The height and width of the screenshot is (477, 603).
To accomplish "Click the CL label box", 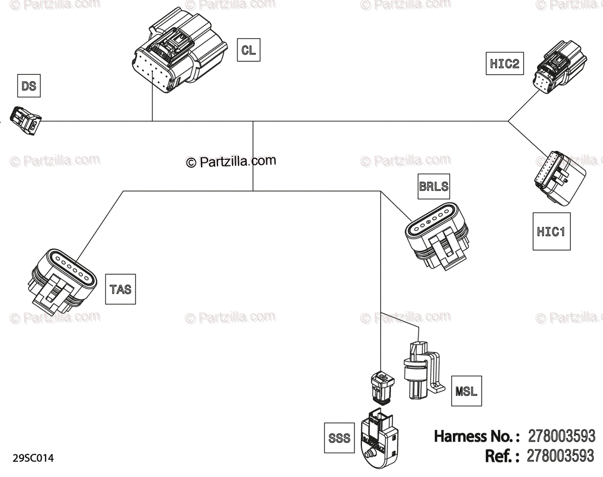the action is pyautogui.click(x=249, y=50).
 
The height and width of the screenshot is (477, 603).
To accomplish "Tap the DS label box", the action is pyautogui.click(x=29, y=86).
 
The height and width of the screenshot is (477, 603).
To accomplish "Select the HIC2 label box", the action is pyautogui.click(x=505, y=63).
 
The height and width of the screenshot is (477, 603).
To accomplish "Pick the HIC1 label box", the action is pyautogui.click(x=551, y=231).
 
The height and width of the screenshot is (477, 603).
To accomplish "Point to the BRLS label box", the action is pyautogui.click(x=434, y=186).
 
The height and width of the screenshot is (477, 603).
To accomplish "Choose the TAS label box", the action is pyautogui.click(x=121, y=289).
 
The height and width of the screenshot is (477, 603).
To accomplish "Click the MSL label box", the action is pyautogui.click(x=466, y=391).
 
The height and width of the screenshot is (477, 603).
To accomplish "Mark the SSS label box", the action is pyautogui.click(x=339, y=438).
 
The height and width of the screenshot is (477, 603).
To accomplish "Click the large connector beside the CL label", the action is pyautogui.click(x=179, y=50).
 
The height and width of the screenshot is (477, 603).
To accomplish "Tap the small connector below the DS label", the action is pyautogui.click(x=26, y=120).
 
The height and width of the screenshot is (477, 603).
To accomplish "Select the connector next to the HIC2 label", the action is pyautogui.click(x=559, y=67).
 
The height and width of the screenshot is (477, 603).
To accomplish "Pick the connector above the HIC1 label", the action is pyautogui.click(x=560, y=178).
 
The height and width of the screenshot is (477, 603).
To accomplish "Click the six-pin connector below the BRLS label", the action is pyautogui.click(x=437, y=236).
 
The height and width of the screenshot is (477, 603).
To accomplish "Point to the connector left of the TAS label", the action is pyautogui.click(x=62, y=281).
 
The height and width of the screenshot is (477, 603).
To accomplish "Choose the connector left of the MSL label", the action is pyautogui.click(x=424, y=370).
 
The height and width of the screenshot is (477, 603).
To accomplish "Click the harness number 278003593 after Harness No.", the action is pyautogui.click(x=561, y=436).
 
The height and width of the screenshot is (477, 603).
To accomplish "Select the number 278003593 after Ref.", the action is pyautogui.click(x=560, y=456).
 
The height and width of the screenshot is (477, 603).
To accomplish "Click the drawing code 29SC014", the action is pyautogui.click(x=33, y=458).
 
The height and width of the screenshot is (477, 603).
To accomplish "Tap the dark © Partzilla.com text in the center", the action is pyautogui.click(x=231, y=161).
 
